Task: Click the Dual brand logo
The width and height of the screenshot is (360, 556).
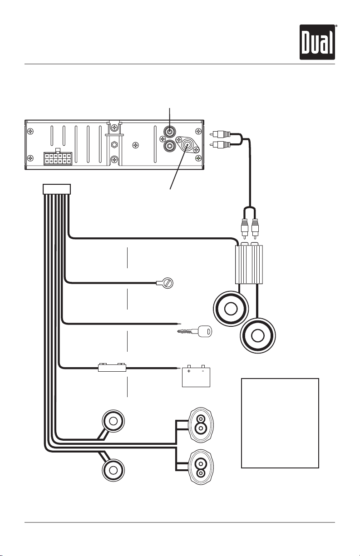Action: (317, 42)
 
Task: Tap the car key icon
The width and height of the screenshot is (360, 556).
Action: (195, 331)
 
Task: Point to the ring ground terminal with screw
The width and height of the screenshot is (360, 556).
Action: (165, 283)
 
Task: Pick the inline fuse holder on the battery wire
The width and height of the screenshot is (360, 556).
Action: (112, 367)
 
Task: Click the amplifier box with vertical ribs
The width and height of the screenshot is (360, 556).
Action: (249, 263)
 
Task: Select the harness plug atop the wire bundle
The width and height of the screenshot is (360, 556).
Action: (57, 189)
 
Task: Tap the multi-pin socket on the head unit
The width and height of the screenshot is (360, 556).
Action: (58, 157)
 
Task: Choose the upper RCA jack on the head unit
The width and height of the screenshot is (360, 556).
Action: (170, 132)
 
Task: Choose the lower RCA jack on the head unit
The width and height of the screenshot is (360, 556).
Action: (170, 146)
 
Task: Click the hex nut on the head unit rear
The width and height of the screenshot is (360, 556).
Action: (114, 144)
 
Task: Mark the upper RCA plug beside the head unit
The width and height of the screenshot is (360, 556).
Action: (220, 134)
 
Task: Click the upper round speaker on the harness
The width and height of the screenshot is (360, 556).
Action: (113, 421)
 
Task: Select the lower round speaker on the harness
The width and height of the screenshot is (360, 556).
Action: (113, 470)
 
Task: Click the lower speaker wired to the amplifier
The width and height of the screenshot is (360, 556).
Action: (258, 335)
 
